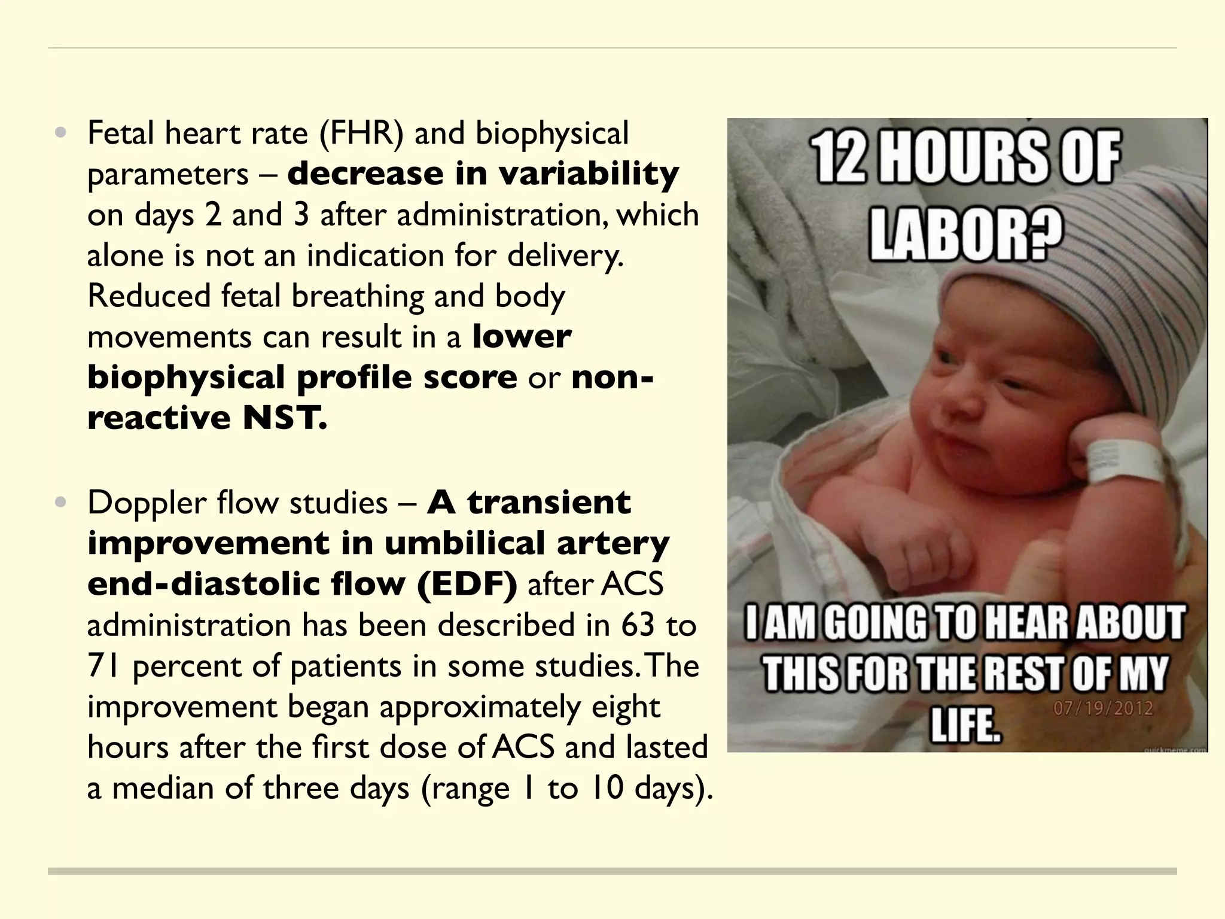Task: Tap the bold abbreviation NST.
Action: (285, 417)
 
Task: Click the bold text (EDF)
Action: (467, 584)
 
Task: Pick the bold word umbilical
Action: (464, 543)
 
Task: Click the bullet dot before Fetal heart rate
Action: (60, 133)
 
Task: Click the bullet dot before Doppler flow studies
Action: (60, 503)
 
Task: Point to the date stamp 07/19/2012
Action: (1102, 709)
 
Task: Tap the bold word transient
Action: (548, 503)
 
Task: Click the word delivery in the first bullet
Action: (565, 255)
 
